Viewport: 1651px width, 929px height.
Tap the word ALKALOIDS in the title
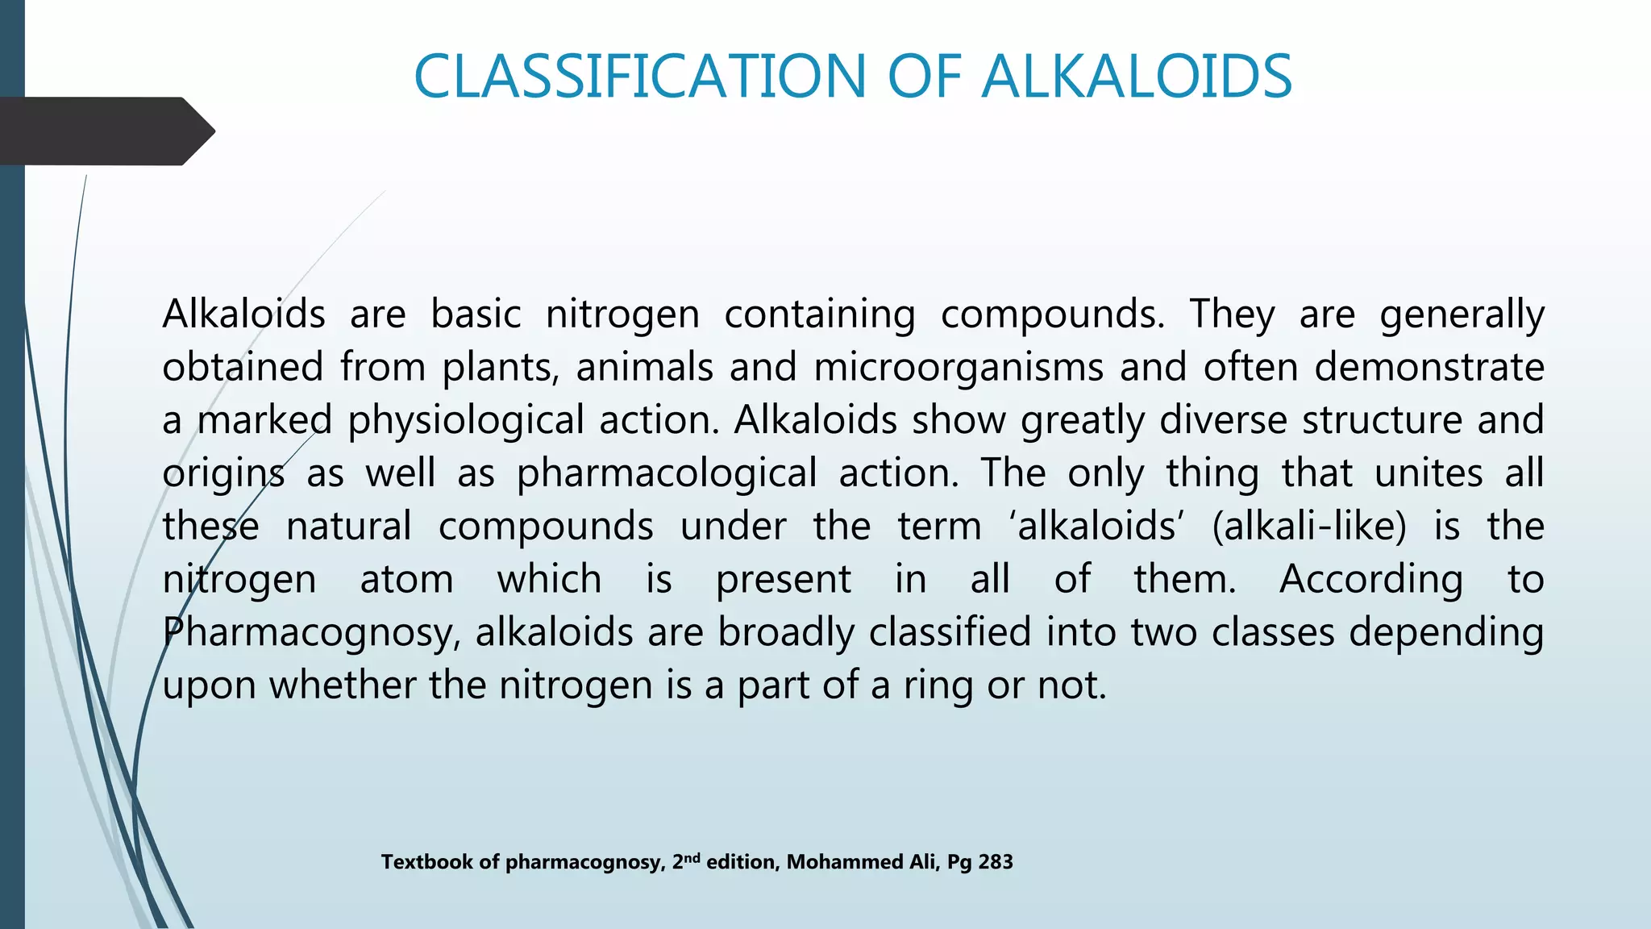click(x=1136, y=77)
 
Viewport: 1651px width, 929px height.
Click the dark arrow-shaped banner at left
click(x=105, y=131)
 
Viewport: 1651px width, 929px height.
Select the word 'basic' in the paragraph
click(x=476, y=314)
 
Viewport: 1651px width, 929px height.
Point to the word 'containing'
click(x=819, y=314)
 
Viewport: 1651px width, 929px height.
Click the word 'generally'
click(x=1461, y=315)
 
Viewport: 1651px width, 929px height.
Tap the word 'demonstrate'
click(x=1429, y=367)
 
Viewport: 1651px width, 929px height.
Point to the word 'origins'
click(x=223, y=474)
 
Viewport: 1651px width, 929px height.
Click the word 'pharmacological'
click(x=667, y=474)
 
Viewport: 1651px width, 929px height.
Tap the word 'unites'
click(x=1428, y=473)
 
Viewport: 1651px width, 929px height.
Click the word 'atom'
click(x=406, y=580)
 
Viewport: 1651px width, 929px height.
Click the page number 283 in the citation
click(x=996, y=862)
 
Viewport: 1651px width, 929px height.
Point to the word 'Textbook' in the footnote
click(x=426, y=862)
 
